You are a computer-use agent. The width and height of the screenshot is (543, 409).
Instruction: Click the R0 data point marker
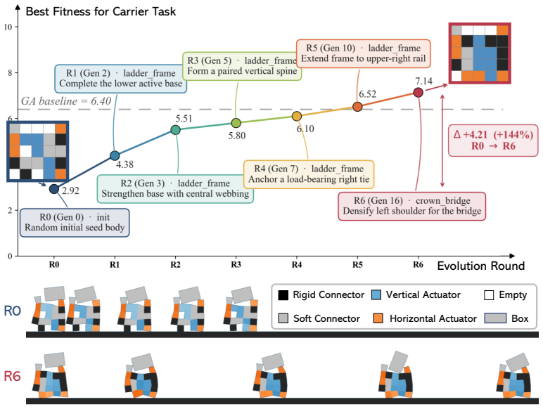(53, 189)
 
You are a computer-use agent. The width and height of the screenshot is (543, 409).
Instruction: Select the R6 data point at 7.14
(418, 92)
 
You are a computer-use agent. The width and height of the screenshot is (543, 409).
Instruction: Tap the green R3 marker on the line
(236, 123)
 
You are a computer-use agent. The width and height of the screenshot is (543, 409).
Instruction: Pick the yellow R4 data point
(296, 116)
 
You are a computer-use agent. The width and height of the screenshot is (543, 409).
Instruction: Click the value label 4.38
(124, 164)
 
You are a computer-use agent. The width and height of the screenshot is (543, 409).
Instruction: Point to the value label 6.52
(367, 94)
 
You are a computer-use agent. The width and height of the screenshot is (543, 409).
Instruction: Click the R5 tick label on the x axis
(357, 265)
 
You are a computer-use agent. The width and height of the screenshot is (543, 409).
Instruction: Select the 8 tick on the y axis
(10, 73)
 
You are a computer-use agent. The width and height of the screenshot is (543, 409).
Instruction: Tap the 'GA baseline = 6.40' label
(66, 101)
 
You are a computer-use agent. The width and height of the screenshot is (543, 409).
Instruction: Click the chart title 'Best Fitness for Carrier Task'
(101, 11)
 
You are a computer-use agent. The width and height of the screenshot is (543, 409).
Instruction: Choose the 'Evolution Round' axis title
(481, 266)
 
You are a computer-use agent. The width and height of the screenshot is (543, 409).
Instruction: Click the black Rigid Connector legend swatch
(283, 295)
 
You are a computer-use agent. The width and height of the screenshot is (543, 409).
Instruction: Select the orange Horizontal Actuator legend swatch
(378, 318)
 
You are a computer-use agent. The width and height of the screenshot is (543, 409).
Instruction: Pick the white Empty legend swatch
(489, 295)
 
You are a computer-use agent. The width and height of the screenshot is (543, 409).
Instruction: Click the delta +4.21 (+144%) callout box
(493, 141)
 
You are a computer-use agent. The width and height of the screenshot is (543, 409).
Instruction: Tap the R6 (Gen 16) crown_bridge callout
(411, 206)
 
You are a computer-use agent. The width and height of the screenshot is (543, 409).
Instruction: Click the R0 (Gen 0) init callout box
(75, 223)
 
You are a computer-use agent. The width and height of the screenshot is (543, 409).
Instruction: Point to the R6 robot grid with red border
(480, 53)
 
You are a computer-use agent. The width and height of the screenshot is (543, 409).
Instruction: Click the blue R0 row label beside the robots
(13, 311)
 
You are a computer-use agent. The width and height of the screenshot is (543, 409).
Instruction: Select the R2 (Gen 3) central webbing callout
(175, 188)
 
